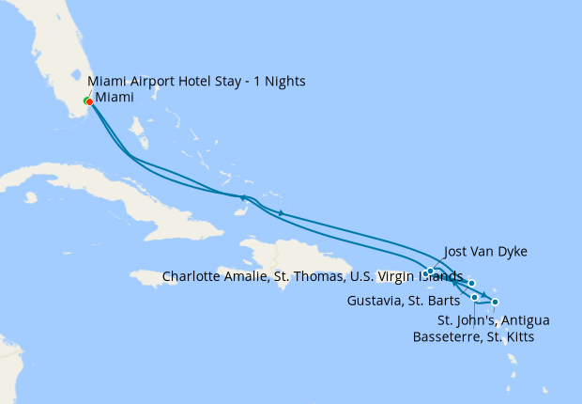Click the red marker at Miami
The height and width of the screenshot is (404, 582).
(x=88, y=101)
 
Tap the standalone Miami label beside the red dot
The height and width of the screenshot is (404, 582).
(x=114, y=98)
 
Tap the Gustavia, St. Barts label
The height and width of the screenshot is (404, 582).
(x=403, y=302)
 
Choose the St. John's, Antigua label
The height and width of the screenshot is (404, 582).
(x=494, y=320)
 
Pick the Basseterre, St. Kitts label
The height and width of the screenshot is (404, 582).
(x=474, y=336)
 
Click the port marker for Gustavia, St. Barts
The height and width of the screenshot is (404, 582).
(x=472, y=283)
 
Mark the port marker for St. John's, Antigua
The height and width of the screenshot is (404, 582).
(x=495, y=302)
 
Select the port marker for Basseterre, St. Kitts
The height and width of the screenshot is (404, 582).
(x=475, y=297)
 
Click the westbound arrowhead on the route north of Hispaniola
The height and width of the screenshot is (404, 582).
(x=244, y=197)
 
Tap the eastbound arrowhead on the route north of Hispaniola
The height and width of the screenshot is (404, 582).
(x=281, y=213)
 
